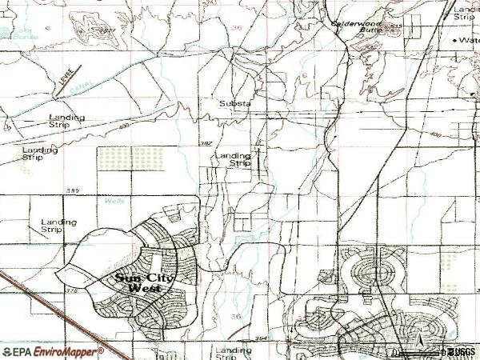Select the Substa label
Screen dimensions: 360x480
coord(236,103)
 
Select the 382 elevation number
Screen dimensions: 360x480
coord(206,142)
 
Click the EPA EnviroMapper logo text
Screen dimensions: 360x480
coord(53,351)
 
